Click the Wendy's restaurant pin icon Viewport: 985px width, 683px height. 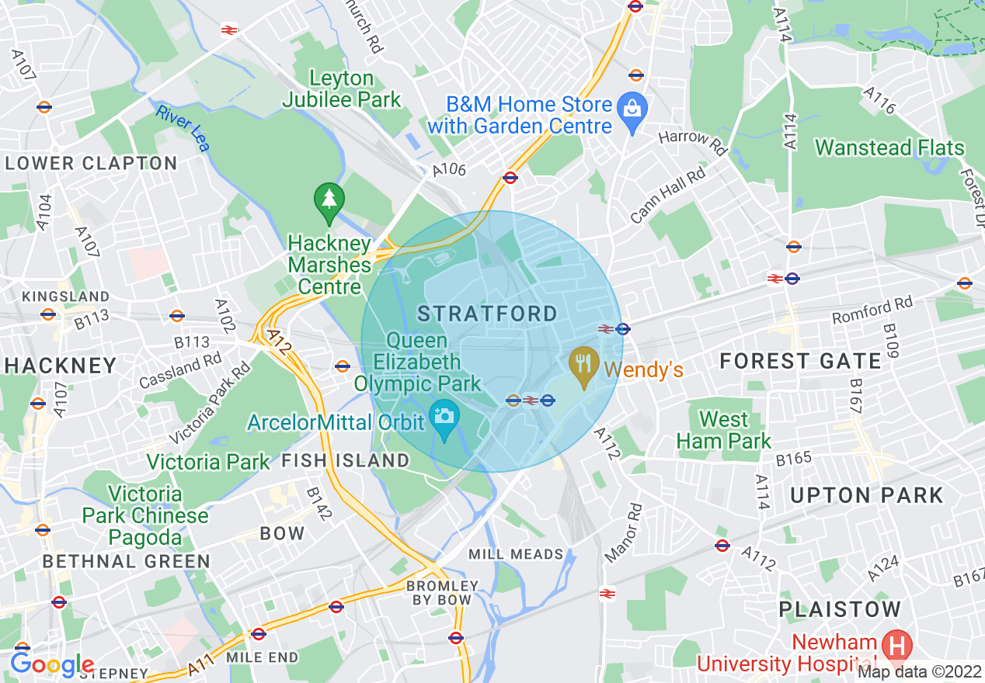point(583,363)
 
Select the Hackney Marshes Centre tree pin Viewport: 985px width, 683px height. point(330,201)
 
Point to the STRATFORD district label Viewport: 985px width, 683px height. point(488,314)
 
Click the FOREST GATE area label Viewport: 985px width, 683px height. point(801,361)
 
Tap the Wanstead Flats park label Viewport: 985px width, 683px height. point(889,147)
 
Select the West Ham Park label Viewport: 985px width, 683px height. point(724,431)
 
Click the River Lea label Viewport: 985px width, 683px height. point(183,128)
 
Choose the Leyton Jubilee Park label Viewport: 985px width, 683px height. point(342,88)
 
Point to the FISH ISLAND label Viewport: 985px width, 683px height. point(345,460)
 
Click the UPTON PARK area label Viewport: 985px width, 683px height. point(866,495)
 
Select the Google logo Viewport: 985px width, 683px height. point(52,664)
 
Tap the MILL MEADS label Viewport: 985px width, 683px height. point(516,554)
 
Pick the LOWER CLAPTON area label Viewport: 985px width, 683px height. point(92,163)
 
